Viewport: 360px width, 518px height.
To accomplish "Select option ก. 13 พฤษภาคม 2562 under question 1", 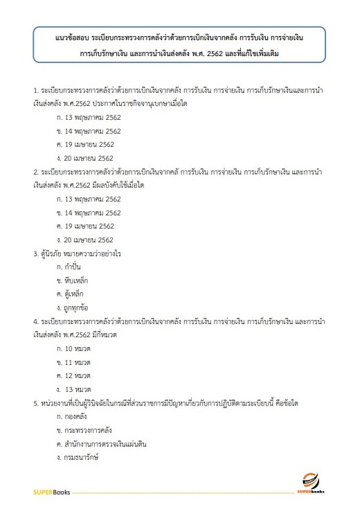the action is pos(89,117).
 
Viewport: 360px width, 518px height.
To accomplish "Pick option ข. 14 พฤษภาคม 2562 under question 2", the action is pos(89,212).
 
